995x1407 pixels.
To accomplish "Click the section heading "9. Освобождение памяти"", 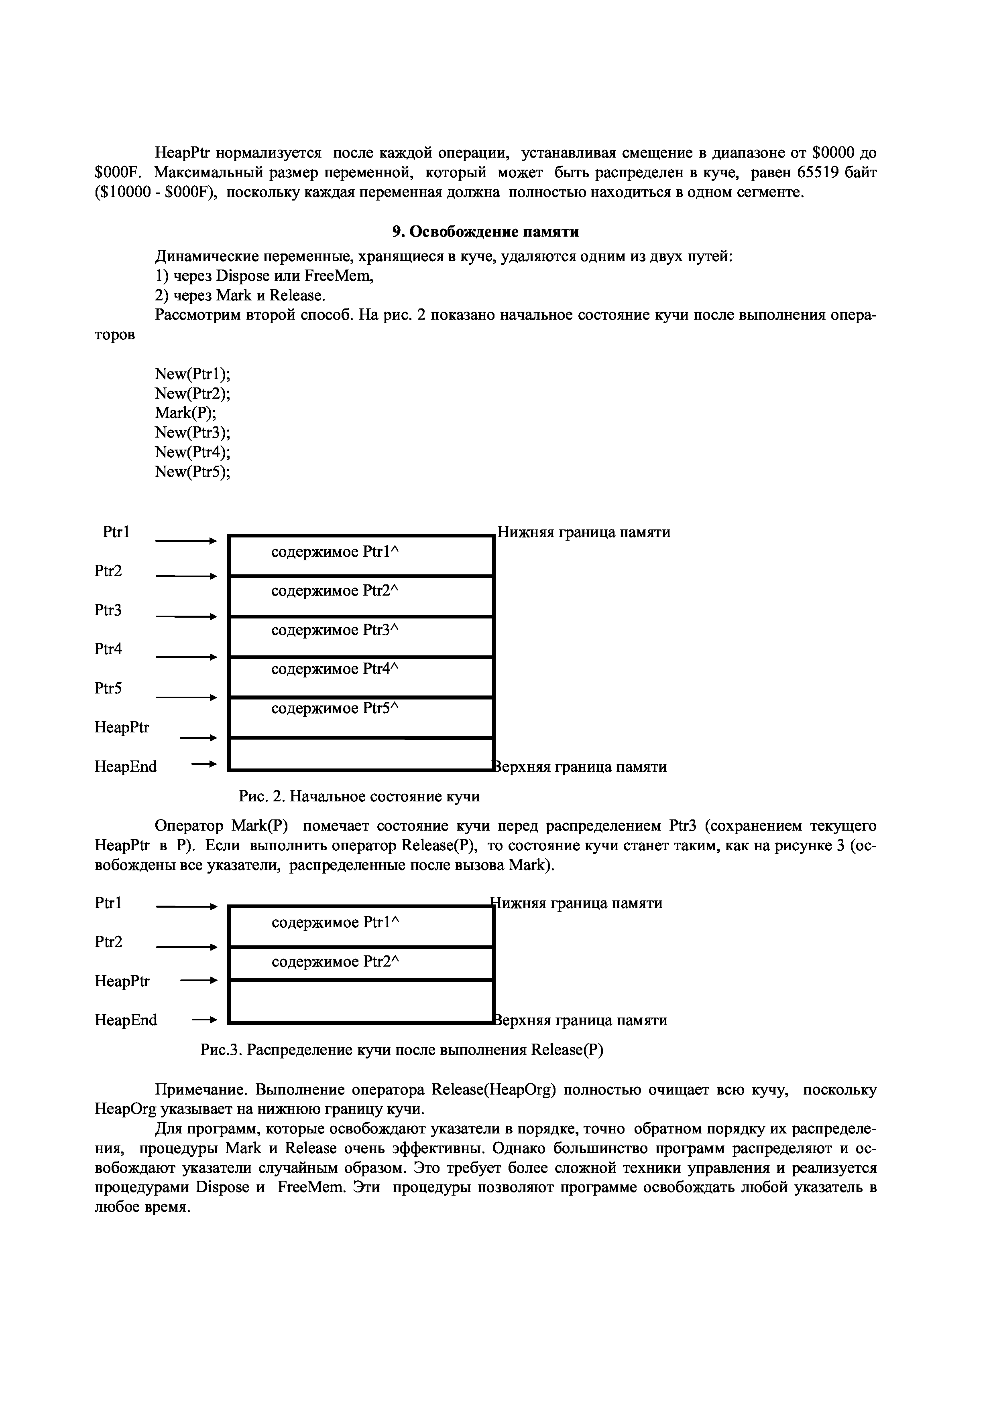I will [485, 232].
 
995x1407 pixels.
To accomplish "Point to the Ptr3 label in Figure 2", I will [108, 610].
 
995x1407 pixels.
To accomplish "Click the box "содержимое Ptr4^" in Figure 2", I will [360, 677].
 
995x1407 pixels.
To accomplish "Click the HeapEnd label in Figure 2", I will [126, 766].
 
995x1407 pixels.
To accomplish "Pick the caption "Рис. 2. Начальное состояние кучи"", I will [359, 797].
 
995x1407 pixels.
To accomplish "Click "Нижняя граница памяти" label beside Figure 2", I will [584, 532].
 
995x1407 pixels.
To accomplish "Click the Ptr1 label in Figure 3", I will [108, 903].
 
